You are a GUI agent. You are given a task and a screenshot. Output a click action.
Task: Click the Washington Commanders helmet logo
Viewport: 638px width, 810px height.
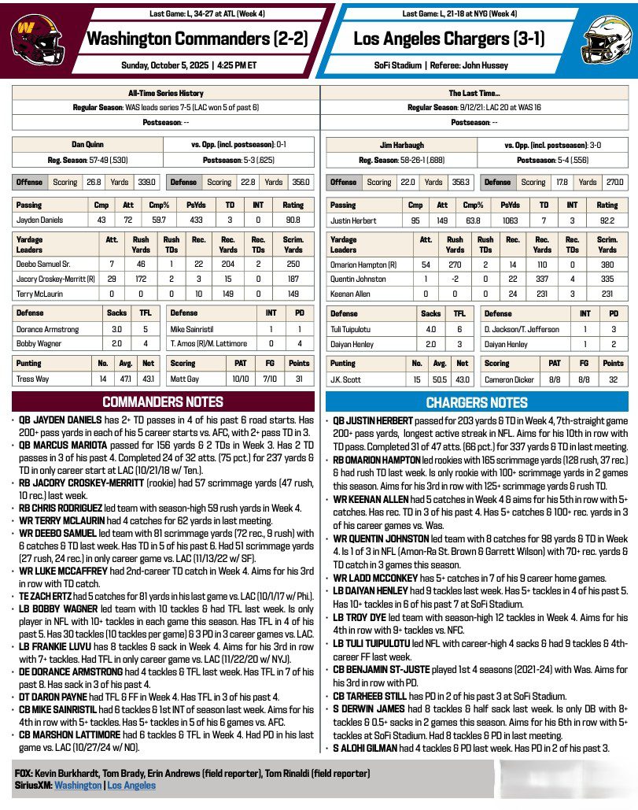pos(32,36)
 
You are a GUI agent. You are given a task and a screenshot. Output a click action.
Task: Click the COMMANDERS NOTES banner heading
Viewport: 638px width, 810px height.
pos(163,401)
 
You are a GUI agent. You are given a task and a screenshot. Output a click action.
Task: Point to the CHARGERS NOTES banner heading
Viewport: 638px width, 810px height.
pos(478,402)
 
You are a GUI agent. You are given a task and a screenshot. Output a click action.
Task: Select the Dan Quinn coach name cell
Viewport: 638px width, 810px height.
pos(87,145)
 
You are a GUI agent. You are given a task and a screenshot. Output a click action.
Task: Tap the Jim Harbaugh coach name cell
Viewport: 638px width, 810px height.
pos(401,145)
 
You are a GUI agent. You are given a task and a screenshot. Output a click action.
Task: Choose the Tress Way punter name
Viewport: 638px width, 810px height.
pos(33,379)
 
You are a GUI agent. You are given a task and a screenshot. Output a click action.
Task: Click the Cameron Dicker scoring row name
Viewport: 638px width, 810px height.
pos(510,379)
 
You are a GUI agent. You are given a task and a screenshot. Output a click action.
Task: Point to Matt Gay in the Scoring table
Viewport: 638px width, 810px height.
pos(185,379)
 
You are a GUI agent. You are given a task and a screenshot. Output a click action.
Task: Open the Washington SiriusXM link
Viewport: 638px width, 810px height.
pos(78,785)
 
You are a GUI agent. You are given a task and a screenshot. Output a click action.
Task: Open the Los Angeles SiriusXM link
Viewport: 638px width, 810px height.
pos(131,785)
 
